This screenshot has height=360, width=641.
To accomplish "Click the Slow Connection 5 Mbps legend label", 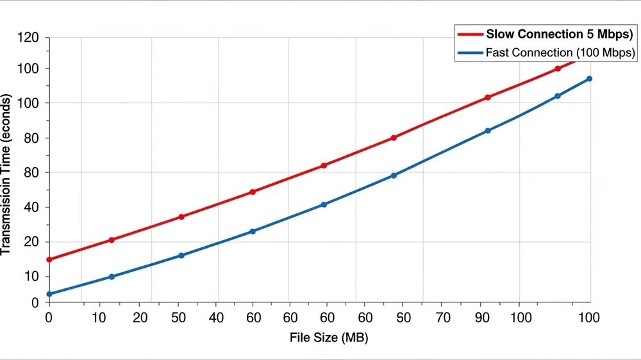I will pos(560,34).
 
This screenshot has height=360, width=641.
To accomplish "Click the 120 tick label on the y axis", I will pos(29,38).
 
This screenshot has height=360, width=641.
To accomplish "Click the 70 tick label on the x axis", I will pos(444,318).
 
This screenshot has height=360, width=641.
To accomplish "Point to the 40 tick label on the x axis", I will pos(217,318).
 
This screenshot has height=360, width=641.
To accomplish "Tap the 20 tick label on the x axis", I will pos(140,318).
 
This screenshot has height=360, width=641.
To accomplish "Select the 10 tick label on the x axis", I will pos(99,318).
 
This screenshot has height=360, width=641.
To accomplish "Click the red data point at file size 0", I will pos(49,259).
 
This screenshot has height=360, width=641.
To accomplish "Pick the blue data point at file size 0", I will pos(49,294).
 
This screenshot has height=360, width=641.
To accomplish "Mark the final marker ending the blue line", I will pos(589,79).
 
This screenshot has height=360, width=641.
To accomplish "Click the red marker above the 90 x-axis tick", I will pos(488,97).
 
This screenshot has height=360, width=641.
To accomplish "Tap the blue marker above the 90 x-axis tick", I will pos(488,131).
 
